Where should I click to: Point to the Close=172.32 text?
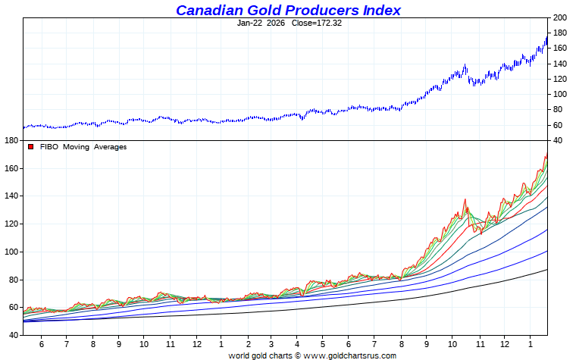pyautogui.click(x=317, y=23)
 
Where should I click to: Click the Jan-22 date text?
pyautogui.click(x=249, y=23)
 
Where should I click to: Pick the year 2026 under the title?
pyautogui.click(x=276, y=23)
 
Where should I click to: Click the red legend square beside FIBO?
pyautogui.click(x=31, y=147)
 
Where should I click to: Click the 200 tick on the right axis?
pyautogui.click(x=559, y=17)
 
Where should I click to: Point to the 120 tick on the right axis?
pyautogui.click(x=559, y=79)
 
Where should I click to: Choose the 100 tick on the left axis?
pyautogui.click(x=11, y=252)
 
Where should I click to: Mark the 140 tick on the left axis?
pyautogui.click(x=11, y=196)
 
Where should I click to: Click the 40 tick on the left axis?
pyautogui.click(x=13, y=335)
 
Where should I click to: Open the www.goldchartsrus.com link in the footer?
pyautogui.click(x=349, y=355)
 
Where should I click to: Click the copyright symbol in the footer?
pyautogui.click(x=298, y=355)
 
